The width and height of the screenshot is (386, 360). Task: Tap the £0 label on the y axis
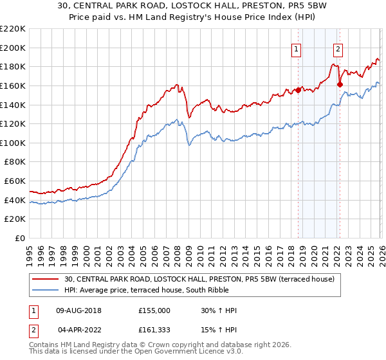pyautogui.click(x=19, y=239)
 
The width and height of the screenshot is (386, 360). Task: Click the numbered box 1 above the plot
pyautogui.click(x=297, y=48)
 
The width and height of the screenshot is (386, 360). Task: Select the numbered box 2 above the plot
pyautogui.click(x=338, y=48)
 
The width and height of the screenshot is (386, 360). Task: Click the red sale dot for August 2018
pyautogui.click(x=298, y=91)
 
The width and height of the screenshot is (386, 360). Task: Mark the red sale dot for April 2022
pyautogui.click(x=340, y=84)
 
